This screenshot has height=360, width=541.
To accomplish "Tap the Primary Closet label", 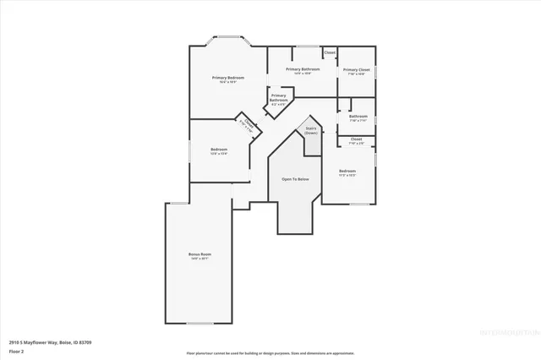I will pyautogui.click(x=357, y=70).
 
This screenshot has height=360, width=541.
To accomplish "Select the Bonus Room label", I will pyautogui.click(x=199, y=254).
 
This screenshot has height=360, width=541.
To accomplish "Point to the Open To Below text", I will pyautogui.click(x=295, y=180).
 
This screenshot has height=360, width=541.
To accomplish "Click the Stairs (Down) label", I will pyautogui.click(x=311, y=131).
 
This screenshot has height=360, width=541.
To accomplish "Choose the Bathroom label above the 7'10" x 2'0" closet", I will pyautogui.click(x=358, y=116).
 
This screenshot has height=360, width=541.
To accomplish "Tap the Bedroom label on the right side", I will pyautogui.click(x=347, y=171).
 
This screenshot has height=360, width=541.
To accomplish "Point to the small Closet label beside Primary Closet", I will pyautogui.click(x=330, y=52).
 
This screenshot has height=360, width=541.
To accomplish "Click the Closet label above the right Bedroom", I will pyautogui.click(x=356, y=139).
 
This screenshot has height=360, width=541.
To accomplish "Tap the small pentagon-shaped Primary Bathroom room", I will pyautogui.click(x=278, y=100).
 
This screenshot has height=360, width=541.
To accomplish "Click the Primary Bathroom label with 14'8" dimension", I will pyautogui.click(x=302, y=69).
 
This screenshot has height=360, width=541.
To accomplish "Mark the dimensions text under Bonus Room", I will pyautogui.click(x=199, y=259).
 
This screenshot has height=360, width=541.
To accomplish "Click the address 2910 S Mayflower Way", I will pyautogui.click(x=40, y=341).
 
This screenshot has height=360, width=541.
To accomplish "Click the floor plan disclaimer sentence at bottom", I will pyautogui.click(x=270, y=352).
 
